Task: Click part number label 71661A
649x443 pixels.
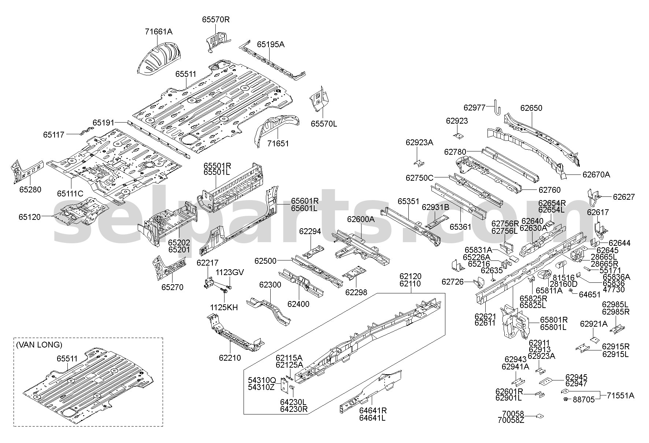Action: click(158, 31)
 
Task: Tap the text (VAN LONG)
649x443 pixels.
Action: click(39, 345)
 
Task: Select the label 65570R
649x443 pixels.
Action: click(216, 20)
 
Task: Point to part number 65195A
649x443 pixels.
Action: click(271, 44)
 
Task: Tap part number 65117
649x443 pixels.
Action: click(53, 135)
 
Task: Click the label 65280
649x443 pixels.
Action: click(30, 189)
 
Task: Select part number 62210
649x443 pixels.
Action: click(230, 357)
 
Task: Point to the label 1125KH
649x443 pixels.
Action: click(224, 307)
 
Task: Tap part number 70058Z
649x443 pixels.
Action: click(511, 420)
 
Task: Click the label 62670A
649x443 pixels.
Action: click(596, 174)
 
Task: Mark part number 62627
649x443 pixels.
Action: click(624, 197)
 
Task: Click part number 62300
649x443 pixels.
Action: click(270, 285)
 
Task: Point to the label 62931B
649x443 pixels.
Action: click(435, 207)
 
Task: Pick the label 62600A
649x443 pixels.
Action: click(361, 219)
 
